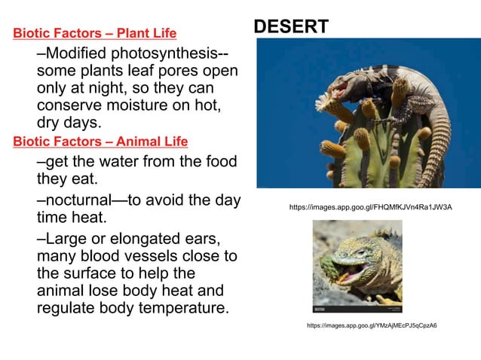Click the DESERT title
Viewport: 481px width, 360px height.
[290, 27]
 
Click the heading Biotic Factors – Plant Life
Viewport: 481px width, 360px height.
[95, 33]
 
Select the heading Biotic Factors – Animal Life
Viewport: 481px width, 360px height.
[100, 142]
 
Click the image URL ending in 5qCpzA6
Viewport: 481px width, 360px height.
[372, 325]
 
